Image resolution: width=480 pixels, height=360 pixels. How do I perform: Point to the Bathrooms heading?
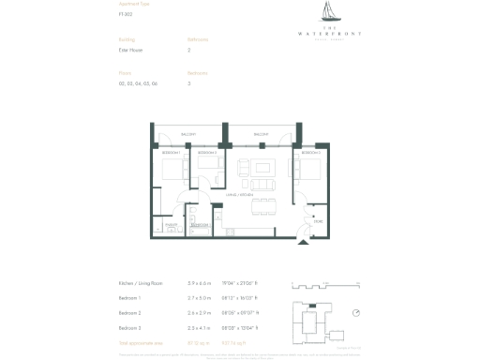click(198, 39)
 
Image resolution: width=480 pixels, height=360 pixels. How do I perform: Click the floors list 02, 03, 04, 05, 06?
click(136, 83)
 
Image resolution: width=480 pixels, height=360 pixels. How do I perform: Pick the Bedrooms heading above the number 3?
click(198, 72)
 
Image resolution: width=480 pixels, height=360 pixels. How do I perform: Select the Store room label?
click(318, 220)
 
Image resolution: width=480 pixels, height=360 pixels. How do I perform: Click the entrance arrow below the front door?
click(302, 242)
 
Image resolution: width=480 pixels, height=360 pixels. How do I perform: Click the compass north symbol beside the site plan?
click(355, 313)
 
